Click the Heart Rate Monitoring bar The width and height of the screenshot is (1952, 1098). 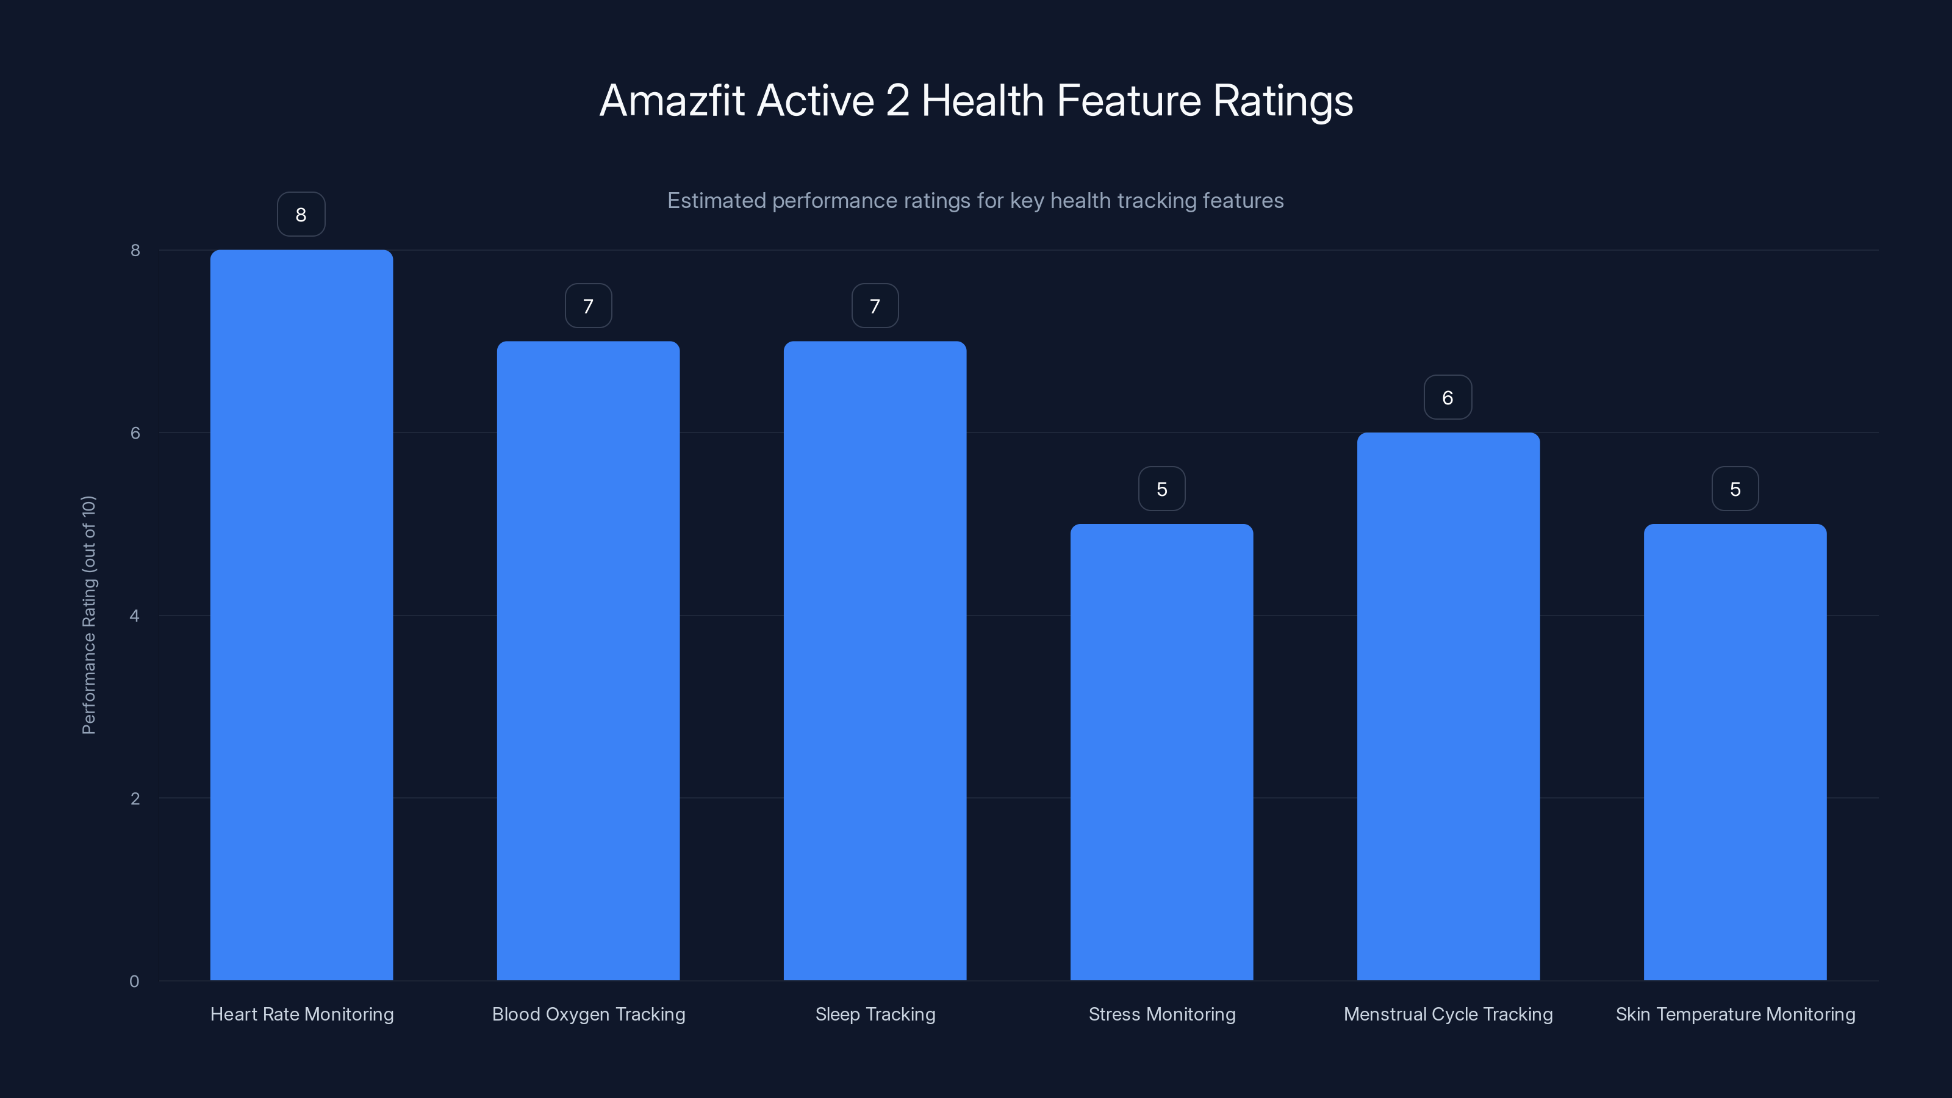(x=301, y=614)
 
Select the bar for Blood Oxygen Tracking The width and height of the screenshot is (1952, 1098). (x=588, y=660)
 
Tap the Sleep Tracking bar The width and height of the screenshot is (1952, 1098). (x=875, y=660)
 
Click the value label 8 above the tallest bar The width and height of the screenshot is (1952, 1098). (x=301, y=215)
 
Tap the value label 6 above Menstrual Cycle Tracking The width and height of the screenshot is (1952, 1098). (x=1448, y=397)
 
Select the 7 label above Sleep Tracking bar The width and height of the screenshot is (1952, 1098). (x=875, y=306)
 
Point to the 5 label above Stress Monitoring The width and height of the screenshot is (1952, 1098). (x=1161, y=489)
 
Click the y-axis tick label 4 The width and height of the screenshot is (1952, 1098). (x=135, y=615)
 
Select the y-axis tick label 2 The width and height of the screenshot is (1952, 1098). (x=135, y=798)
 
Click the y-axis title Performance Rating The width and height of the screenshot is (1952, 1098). (x=88, y=614)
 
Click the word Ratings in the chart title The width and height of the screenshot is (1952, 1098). (x=1282, y=101)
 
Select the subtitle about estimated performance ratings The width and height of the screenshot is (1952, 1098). (x=975, y=201)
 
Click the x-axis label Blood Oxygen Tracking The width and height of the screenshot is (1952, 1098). (x=588, y=1014)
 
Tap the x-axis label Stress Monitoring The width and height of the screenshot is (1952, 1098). (x=1161, y=1014)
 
